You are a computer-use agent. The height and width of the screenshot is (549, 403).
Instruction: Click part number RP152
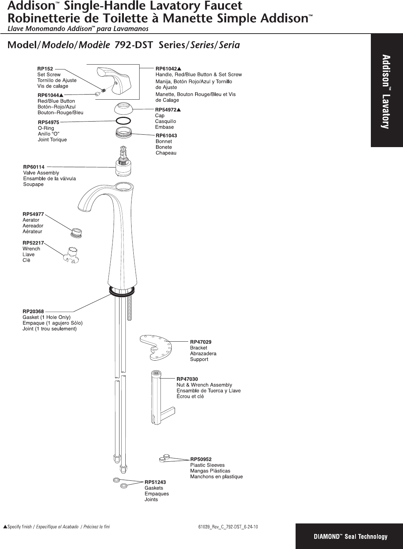click(x=45, y=68)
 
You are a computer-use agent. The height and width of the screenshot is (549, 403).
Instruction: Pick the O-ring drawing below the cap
click(x=123, y=121)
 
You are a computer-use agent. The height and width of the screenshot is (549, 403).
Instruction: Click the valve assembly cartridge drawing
click(x=123, y=165)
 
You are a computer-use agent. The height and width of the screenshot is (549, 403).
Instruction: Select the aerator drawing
click(x=77, y=233)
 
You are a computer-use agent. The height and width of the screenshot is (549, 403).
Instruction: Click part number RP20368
click(x=33, y=311)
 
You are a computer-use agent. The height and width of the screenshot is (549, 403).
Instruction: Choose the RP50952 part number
click(x=201, y=459)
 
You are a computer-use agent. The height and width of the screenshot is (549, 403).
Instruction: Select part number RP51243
click(x=155, y=482)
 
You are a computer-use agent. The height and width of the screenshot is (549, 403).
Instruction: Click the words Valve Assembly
click(x=41, y=173)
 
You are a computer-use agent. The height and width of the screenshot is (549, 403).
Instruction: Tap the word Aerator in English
click(x=31, y=220)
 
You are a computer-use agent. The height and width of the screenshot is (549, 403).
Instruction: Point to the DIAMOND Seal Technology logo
click(x=350, y=536)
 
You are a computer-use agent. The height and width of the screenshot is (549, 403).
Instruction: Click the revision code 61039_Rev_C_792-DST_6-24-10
click(x=228, y=527)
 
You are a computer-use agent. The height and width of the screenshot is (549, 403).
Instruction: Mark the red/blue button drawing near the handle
click(x=98, y=94)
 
